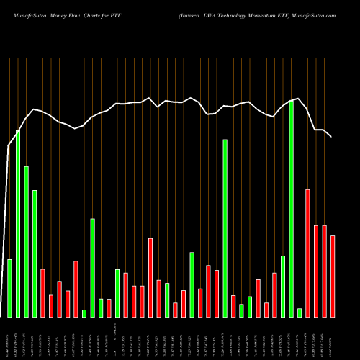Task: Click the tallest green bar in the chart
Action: pos(291,209)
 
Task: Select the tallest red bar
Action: pos(307,253)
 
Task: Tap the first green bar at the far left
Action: pos(9,288)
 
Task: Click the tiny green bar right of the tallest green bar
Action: pos(300,312)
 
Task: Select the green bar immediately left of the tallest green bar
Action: pos(283,286)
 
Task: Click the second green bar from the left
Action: pos(18,223)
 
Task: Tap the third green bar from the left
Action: pos(26,241)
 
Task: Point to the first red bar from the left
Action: pos(42,292)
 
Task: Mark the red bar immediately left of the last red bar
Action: pos(324,271)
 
